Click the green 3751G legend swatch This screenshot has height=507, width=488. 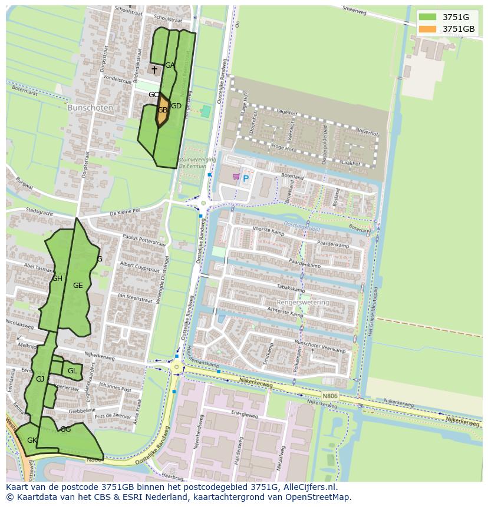[x=427, y=17]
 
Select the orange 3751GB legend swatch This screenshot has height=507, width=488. [x=427, y=29]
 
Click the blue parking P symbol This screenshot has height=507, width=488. [x=246, y=178]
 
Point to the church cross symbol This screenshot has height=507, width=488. [x=154, y=70]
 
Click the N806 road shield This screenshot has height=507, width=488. [x=330, y=396]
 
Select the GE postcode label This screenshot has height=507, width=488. [x=78, y=286]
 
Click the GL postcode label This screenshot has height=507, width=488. [x=72, y=371]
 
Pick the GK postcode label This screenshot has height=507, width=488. [x=32, y=440]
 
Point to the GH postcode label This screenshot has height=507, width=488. [x=57, y=279]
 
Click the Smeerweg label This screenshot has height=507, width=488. [x=355, y=9]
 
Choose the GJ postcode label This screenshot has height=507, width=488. [x=40, y=379]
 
